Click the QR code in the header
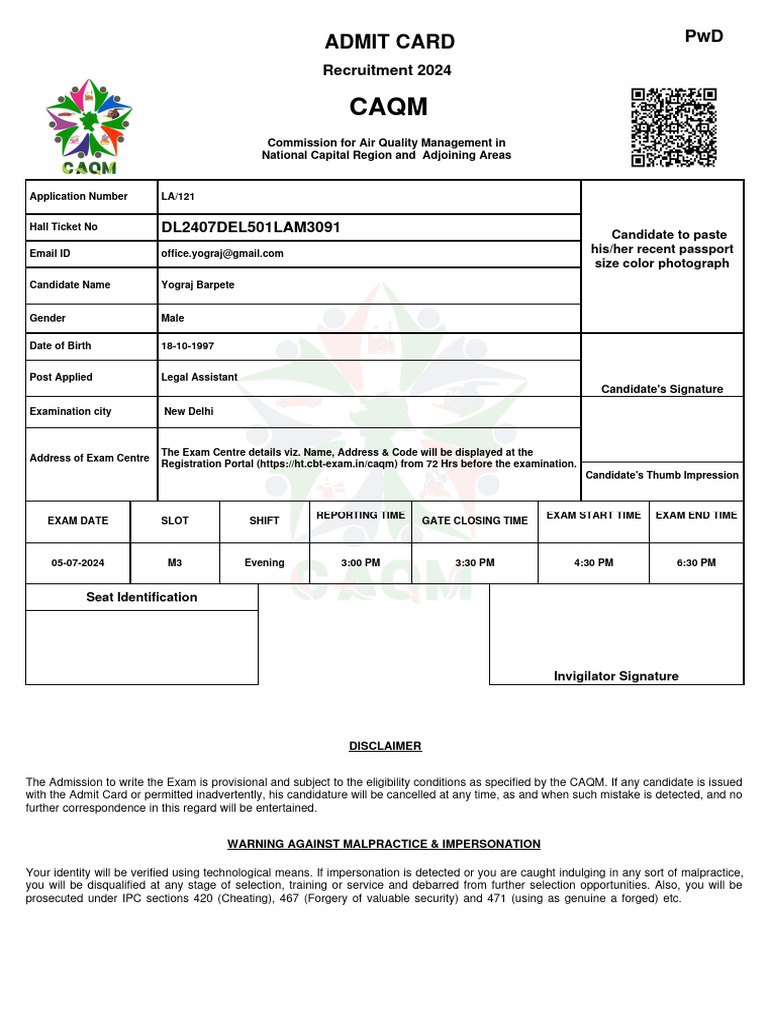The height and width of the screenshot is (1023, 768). pos(673,127)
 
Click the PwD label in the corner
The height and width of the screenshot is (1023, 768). pos(703,37)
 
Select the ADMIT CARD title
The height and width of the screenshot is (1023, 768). pos(389,42)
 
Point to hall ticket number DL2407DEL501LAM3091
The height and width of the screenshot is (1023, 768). pos(251,227)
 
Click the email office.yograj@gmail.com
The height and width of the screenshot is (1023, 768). pos(222,254)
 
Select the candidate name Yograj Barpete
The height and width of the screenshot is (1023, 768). pos(198,285)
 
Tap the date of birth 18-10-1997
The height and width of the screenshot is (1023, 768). pos(187,346)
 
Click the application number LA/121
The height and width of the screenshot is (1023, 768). pos(178,197)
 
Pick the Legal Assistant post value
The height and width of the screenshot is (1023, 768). pos(199,377)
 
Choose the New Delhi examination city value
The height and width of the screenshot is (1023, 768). pos(188,412)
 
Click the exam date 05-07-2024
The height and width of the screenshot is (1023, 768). pos(78,563)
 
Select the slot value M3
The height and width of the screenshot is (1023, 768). pos(175,563)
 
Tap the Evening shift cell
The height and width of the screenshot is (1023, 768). pos(264,563)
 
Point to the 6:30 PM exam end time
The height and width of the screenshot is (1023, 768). pos(696,563)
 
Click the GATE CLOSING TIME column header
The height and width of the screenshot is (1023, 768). pos(474,521)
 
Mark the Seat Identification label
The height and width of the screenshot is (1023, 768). pos(141,597)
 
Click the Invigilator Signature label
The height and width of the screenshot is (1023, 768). pos(616,676)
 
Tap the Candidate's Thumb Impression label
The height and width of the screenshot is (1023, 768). pos(662,475)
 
